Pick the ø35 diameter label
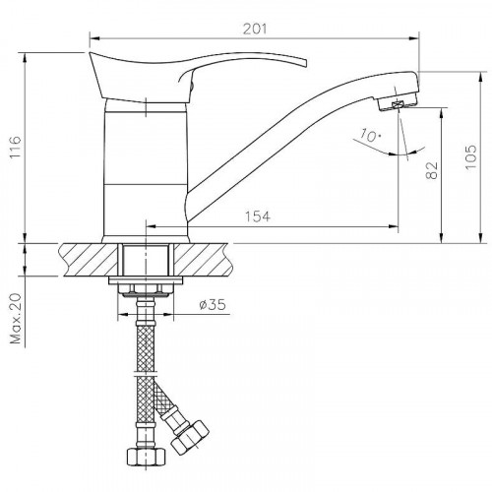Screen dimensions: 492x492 click(x=213, y=306)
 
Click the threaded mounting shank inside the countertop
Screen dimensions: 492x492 click(x=147, y=261)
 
